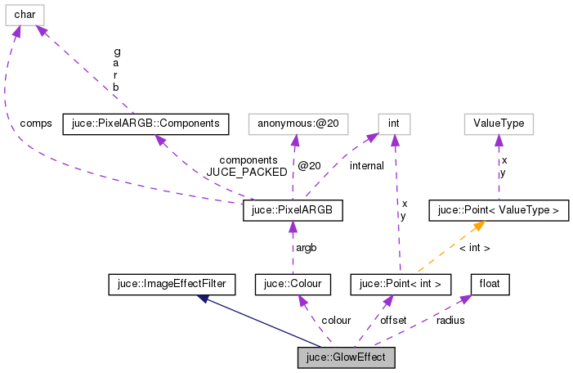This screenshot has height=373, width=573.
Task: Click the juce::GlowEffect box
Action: (347, 357)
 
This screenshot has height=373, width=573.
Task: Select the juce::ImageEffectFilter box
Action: (172, 285)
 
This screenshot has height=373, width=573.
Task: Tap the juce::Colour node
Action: (293, 285)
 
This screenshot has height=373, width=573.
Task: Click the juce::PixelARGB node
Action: (293, 211)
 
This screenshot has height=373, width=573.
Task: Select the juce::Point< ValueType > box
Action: (499, 211)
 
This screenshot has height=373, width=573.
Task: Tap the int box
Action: (393, 124)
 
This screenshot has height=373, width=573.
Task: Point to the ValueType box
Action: (499, 124)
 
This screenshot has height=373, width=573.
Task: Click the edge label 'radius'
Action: (450, 321)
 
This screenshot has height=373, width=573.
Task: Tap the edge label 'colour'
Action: (336, 321)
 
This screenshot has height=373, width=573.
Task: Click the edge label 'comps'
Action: (35, 124)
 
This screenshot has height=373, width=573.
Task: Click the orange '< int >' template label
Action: (474, 248)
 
